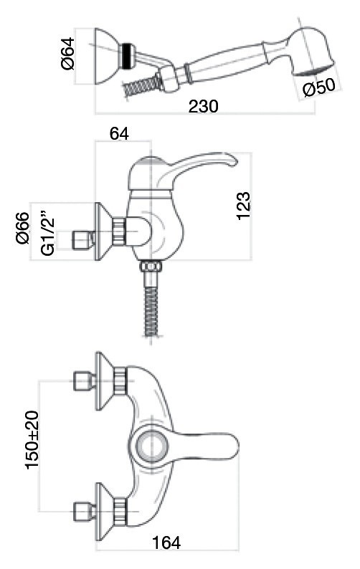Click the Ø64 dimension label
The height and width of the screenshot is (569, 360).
pos(69,53)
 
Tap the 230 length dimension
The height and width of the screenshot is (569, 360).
pos(203,106)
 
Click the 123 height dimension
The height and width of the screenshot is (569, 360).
pos(243,206)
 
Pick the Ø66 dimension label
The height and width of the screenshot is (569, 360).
pos(23,228)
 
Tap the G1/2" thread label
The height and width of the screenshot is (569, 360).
pos(47,232)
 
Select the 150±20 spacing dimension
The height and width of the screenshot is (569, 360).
pos(33,439)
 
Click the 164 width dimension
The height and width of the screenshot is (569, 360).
pos(166,542)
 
